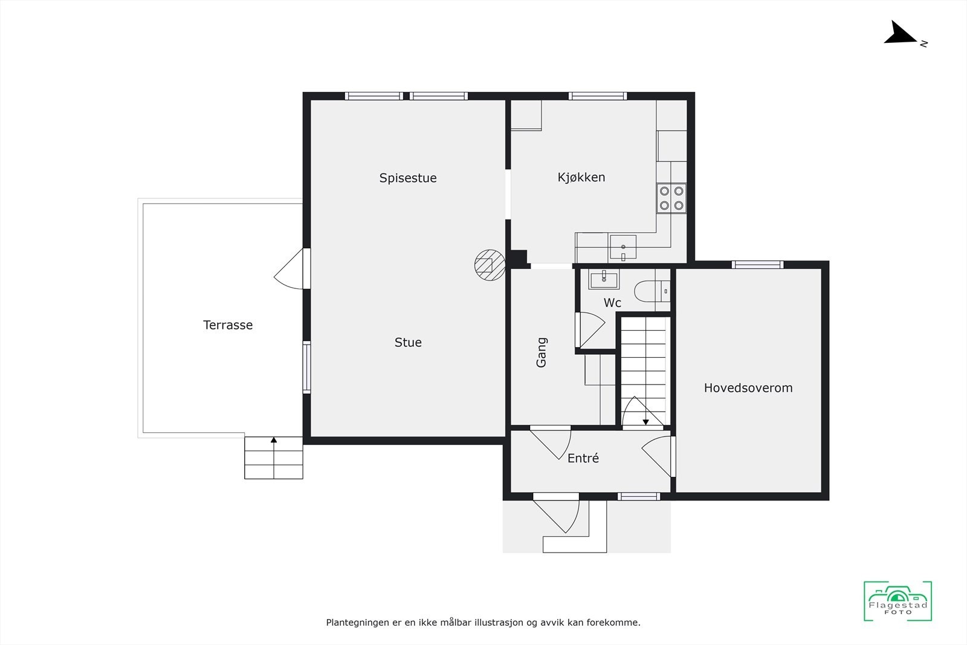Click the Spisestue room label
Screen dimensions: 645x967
tap(408, 178)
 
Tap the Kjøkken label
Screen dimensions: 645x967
tap(581, 177)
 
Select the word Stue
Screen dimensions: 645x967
tap(408, 342)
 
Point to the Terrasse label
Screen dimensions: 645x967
tap(228, 325)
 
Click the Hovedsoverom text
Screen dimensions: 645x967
tap(748, 388)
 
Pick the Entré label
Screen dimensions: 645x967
tap(583, 458)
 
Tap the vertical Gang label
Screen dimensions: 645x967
tap(542, 352)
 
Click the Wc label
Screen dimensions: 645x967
tap(612, 303)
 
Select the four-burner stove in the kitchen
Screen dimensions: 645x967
tap(671, 198)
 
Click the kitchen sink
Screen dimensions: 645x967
tap(623, 247)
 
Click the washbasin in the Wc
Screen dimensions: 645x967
tap(603, 279)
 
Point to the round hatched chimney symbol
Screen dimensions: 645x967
tap(490, 265)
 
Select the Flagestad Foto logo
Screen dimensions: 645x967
tap(897, 601)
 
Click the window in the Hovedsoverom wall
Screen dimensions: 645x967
tap(757, 264)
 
